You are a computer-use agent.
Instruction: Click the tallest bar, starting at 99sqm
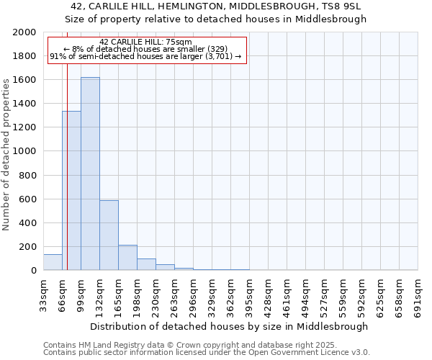tap(90, 174)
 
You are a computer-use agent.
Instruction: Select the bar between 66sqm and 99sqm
tap(71, 191)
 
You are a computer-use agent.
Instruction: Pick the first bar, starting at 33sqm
tap(53, 262)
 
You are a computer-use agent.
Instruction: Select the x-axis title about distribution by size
tap(230, 326)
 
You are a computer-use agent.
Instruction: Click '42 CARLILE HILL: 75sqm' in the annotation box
tap(146, 42)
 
